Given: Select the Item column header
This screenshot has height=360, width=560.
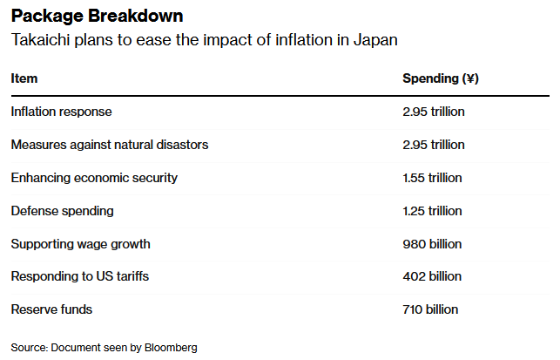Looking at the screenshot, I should [x=24, y=78].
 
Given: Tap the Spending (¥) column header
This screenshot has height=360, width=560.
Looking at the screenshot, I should [x=440, y=78].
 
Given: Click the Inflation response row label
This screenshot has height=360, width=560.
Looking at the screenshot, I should [x=61, y=112].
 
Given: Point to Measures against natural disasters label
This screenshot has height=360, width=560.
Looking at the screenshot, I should [x=109, y=145].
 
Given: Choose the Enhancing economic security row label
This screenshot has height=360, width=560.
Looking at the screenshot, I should [x=94, y=178].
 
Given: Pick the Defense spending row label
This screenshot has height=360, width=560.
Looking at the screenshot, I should [x=62, y=211].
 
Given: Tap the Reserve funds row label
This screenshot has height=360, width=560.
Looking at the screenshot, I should [x=51, y=309].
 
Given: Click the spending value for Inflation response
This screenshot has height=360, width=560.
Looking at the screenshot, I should [x=433, y=112].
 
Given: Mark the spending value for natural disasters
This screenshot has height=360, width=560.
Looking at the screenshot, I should [x=433, y=145].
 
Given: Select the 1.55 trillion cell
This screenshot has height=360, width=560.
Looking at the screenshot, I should [x=432, y=178].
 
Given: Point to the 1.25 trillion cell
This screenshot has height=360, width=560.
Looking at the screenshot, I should [x=432, y=211].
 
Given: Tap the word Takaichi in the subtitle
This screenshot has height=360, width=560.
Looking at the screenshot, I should [x=40, y=41].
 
